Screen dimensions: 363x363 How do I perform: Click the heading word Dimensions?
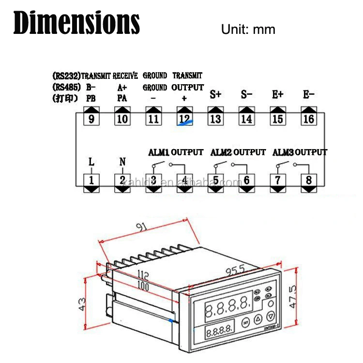[77, 23]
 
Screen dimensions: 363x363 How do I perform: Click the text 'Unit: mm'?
[248, 29]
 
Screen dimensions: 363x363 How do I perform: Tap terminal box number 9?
[91, 119]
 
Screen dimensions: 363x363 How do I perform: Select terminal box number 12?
[184, 119]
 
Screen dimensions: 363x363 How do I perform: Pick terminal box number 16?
[308, 119]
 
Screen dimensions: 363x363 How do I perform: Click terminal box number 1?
[91, 181]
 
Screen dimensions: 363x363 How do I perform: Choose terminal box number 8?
[308, 181]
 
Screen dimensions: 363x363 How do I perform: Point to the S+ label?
[215, 95]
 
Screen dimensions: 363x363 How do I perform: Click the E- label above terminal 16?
[308, 94]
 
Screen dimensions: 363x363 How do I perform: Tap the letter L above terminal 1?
[91, 162]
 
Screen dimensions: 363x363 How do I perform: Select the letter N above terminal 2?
[122, 162]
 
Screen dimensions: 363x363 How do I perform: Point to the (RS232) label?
[66, 76]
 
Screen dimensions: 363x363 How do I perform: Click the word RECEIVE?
[125, 76]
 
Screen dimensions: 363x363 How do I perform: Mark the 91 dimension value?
[142, 228]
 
